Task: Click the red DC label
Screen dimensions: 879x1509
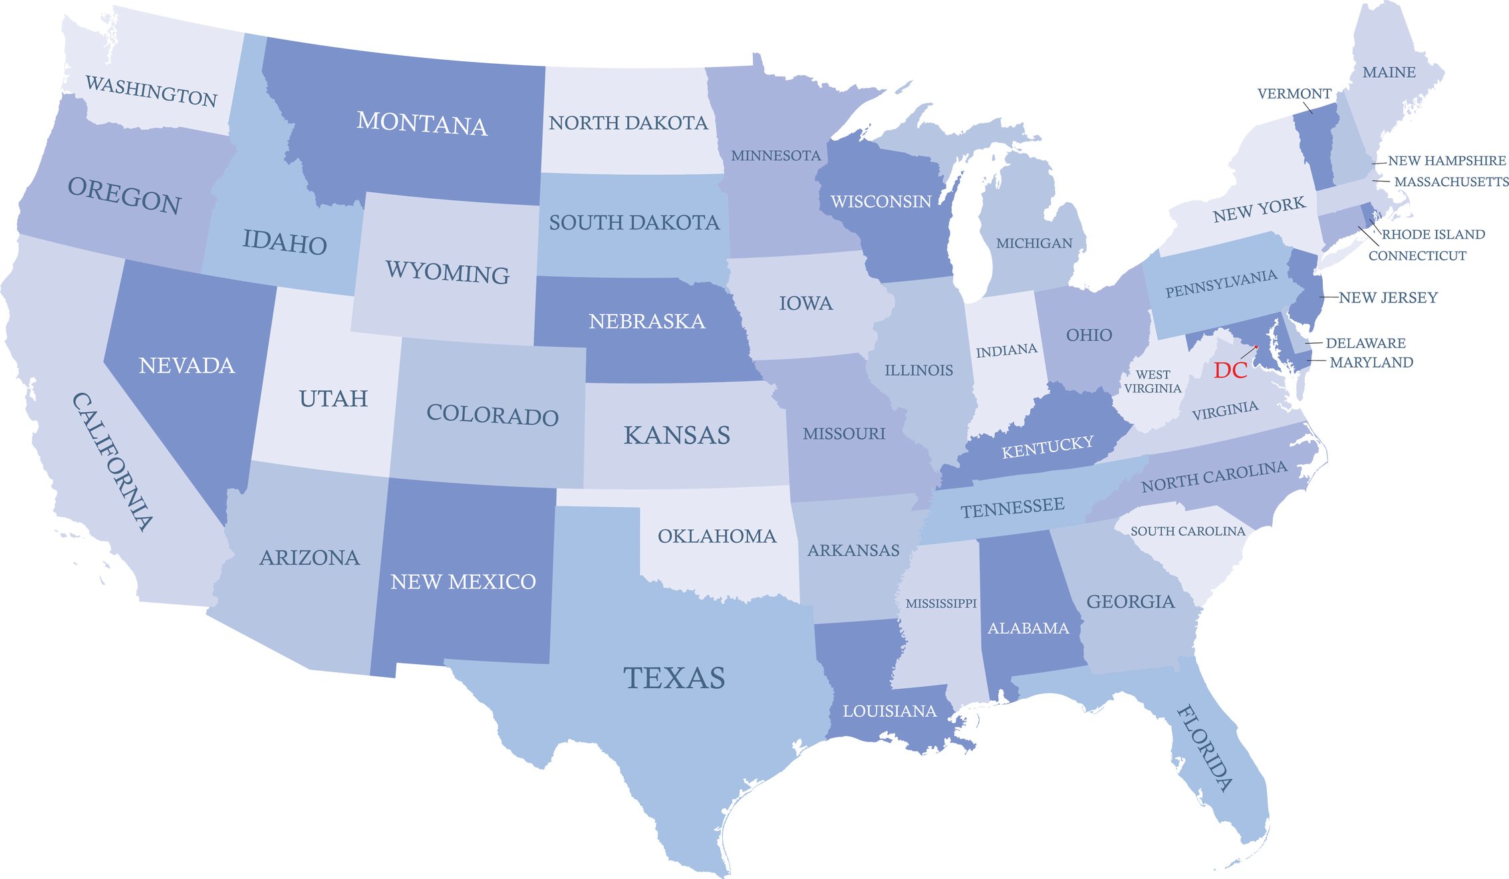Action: tap(1230, 370)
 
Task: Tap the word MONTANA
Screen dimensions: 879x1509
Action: tap(422, 124)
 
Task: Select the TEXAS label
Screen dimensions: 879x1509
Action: tap(674, 678)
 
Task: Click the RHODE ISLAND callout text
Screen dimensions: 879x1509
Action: tap(1433, 234)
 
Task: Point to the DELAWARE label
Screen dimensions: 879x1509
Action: tap(1365, 343)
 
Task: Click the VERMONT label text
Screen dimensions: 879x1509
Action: tap(1294, 94)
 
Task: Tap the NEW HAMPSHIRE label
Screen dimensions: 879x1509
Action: tap(1446, 160)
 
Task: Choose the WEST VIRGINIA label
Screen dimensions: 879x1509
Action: tap(1153, 382)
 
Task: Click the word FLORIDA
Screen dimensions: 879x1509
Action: tap(1204, 749)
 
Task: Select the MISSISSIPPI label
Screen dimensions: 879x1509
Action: tap(941, 603)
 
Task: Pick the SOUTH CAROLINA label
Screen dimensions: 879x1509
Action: tap(1187, 531)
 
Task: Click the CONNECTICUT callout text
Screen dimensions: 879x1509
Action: tap(1417, 255)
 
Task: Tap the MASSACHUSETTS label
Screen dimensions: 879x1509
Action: tap(1451, 182)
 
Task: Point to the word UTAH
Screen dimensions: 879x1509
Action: tap(333, 398)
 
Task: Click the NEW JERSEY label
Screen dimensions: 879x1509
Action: tap(1388, 297)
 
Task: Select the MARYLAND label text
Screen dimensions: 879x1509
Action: tap(1371, 362)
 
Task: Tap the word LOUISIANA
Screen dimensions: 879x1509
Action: tap(889, 711)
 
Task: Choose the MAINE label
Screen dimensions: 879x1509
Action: tap(1389, 72)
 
